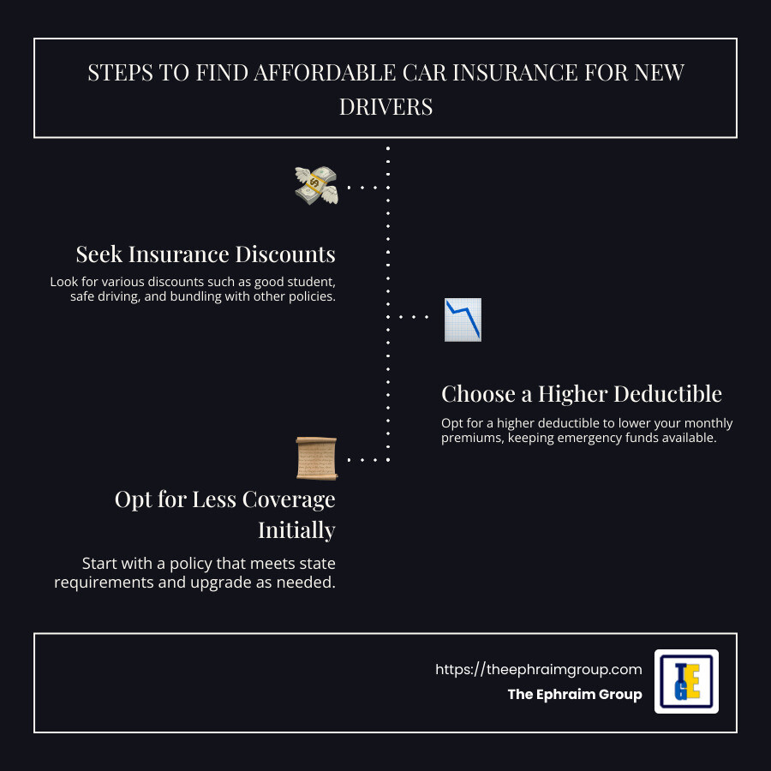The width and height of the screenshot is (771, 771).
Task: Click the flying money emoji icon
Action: click(316, 185)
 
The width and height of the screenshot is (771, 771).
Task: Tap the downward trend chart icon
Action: click(463, 320)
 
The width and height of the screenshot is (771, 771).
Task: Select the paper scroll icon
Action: click(316, 458)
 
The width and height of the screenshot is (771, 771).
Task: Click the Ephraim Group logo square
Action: click(686, 681)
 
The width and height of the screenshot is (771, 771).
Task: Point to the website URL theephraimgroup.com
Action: click(538, 669)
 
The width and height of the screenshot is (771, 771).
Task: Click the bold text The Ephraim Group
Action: click(574, 694)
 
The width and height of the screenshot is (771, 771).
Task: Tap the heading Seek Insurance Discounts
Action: click(206, 254)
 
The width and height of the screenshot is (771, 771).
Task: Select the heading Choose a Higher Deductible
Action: click(582, 394)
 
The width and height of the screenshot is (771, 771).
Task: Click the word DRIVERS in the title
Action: click(385, 107)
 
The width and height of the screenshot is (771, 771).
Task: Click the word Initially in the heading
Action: click(296, 530)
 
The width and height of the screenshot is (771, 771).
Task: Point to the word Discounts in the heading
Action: click(287, 254)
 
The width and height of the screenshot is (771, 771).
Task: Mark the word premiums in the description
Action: click(470, 439)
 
